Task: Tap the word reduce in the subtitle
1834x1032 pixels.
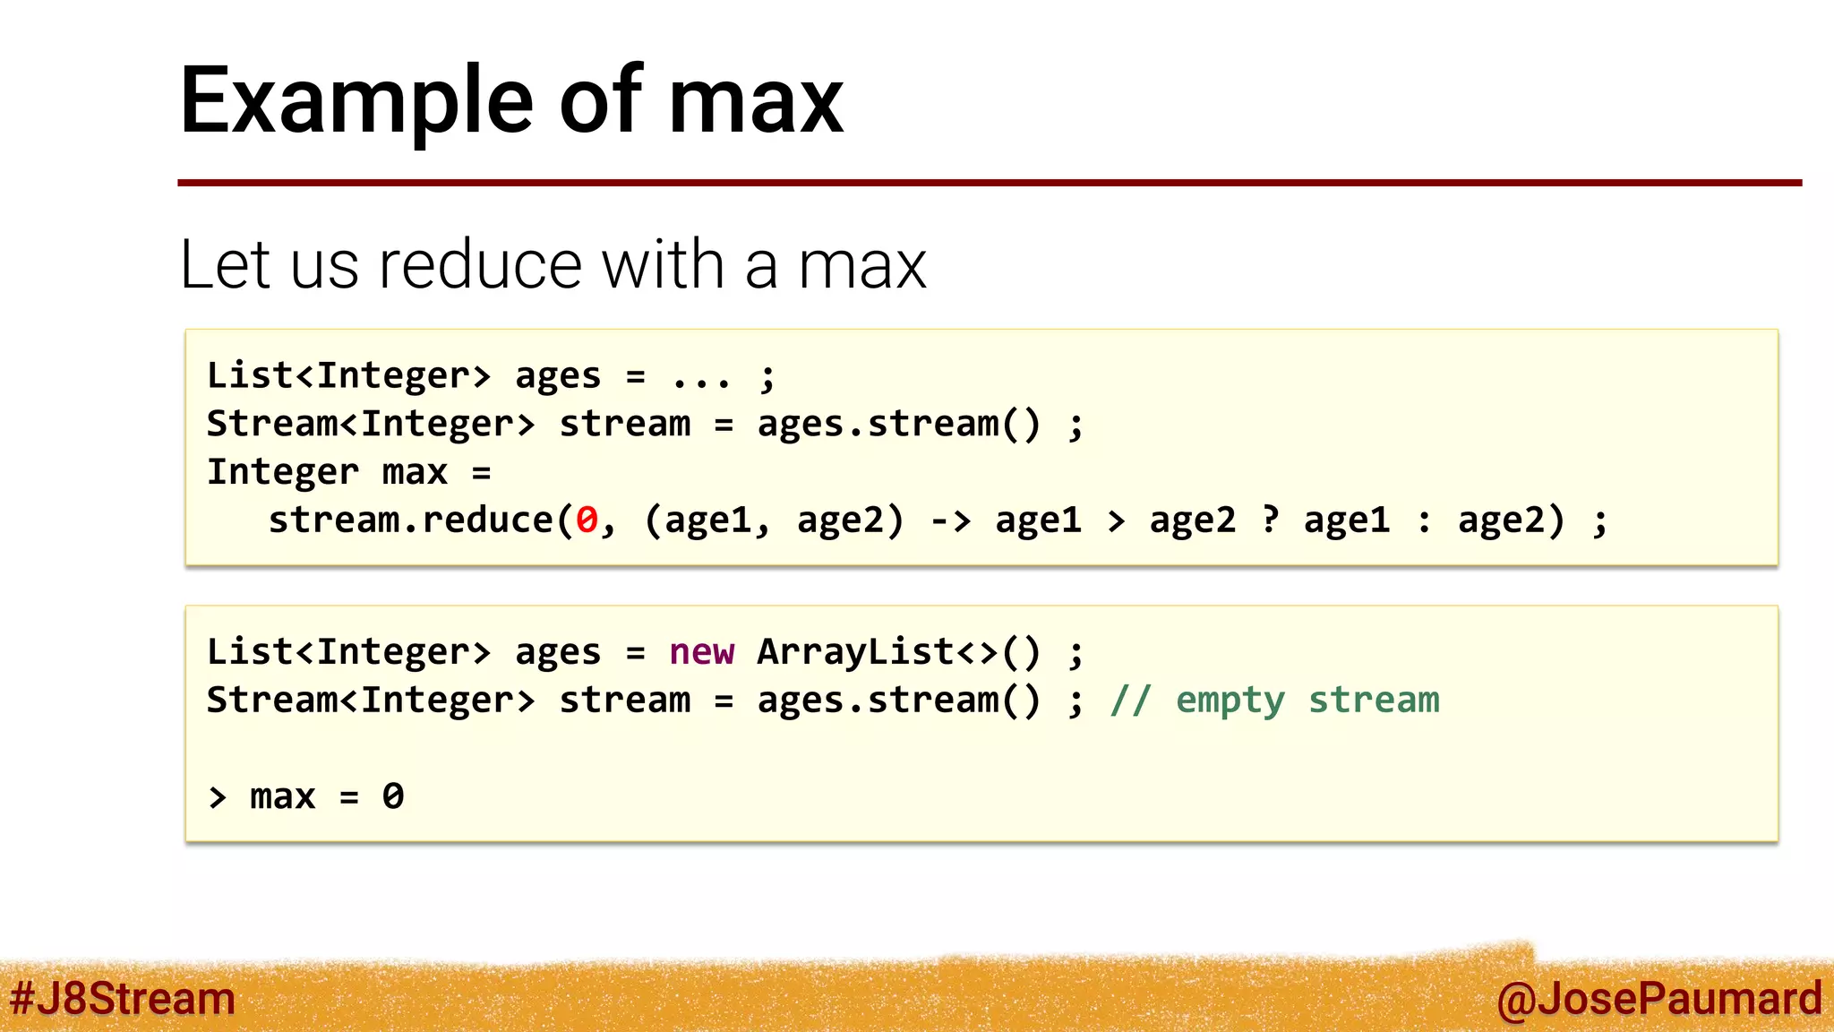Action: click(x=479, y=265)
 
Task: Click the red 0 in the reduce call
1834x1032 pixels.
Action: click(x=587, y=520)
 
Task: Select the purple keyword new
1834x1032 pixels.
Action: click(x=701, y=652)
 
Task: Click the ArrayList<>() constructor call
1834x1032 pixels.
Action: click(x=898, y=652)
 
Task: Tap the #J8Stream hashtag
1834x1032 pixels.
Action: click(x=123, y=998)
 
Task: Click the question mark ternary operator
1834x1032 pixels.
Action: click(x=1270, y=519)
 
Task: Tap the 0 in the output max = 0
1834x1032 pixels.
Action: click(x=393, y=796)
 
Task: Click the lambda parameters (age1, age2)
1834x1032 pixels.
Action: click(x=774, y=520)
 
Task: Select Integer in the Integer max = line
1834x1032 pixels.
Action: click(x=282, y=472)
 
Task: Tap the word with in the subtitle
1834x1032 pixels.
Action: click(x=663, y=265)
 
